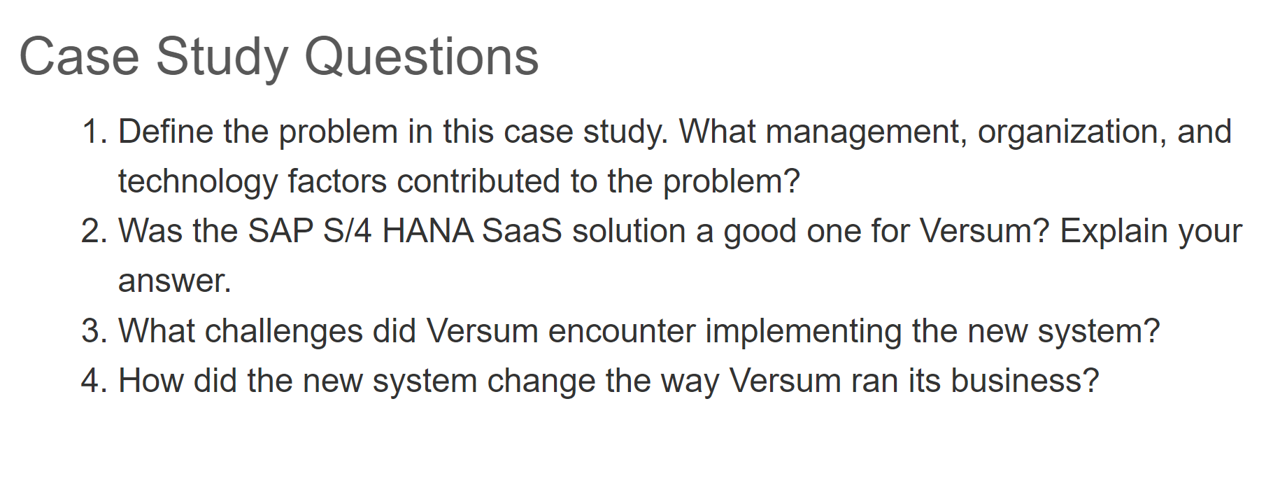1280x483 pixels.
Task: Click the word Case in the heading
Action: (79, 57)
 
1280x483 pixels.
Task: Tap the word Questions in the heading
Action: (422, 57)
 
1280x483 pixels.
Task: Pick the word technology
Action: (198, 181)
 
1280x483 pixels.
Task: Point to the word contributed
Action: (478, 181)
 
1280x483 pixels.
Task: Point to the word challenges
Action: (283, 330)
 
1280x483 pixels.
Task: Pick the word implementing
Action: (803, 330)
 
